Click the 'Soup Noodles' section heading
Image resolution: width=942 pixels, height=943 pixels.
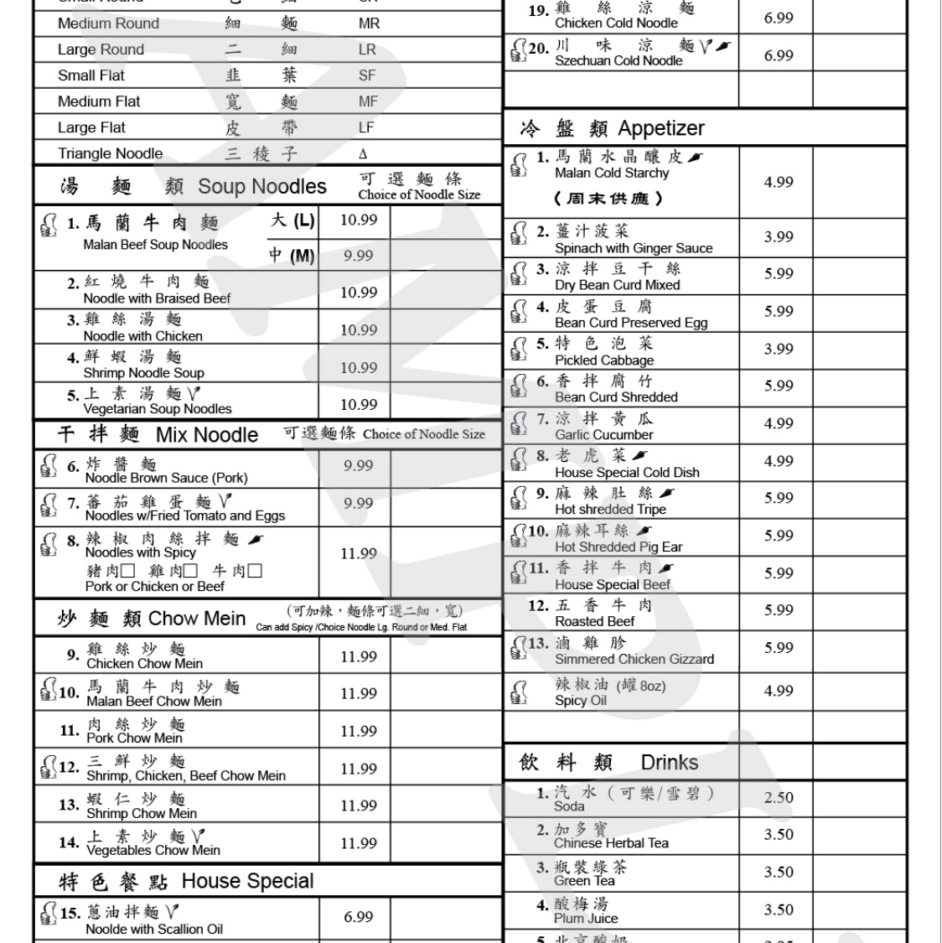[261, 187]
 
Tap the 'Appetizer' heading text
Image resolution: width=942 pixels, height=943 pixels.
[660, 128]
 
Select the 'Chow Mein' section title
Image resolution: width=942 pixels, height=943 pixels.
[196, 619]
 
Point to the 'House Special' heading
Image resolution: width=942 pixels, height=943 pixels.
[246, 881]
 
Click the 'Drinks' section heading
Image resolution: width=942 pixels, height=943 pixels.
[669, 762]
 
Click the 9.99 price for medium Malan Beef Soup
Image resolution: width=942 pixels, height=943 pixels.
[358, 256]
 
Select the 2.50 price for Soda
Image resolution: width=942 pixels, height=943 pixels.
[778, 797]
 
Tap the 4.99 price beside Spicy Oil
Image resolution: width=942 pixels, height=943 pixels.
[778, 691]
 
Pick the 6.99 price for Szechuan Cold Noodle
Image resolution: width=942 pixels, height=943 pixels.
[778, 55]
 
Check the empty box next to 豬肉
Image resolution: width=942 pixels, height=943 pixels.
[127, 572]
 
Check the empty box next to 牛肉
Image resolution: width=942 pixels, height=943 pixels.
[255, 572]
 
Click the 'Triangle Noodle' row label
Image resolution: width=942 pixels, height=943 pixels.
[110, 153]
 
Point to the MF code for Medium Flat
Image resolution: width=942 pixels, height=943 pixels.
[367, 101]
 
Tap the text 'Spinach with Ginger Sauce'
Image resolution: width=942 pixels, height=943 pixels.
[633, 248]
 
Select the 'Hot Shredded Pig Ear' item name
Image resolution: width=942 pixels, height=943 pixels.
[618, 547]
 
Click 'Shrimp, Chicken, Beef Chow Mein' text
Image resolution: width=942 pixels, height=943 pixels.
[185, 775]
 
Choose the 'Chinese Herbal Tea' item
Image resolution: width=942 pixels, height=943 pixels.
[610, 842]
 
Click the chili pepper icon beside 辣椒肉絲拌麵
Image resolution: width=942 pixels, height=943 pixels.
[255, 539]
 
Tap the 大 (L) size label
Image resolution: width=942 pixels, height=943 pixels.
[292, 220]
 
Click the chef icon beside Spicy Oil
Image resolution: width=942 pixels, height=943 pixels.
[519, 692]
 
